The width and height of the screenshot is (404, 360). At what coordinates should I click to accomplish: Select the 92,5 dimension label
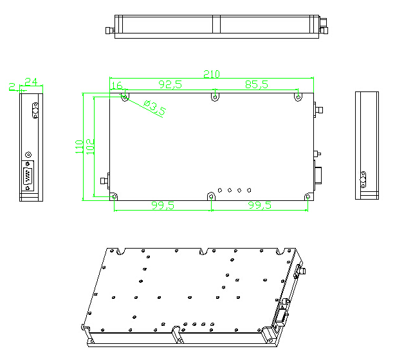[x=170, y=84]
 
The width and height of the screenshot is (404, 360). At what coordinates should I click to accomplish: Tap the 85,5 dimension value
[x=257, y=84]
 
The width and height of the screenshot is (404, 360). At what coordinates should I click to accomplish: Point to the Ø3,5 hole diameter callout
[x=154, y=108]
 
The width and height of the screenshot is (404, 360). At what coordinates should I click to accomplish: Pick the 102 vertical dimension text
[x=89, y=146]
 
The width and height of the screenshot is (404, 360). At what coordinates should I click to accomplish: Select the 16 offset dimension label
[x=116, y=86]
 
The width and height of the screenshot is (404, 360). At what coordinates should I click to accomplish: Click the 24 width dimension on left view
[x=31, y=81]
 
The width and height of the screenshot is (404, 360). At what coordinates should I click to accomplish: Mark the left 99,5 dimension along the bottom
[x=163, y=205]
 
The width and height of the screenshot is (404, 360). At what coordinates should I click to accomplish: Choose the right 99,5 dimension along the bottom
[x=259, y=205]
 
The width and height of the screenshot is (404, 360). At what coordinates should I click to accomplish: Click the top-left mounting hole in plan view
[x=125, y=97]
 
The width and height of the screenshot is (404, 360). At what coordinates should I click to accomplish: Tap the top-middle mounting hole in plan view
[x=214, y=97]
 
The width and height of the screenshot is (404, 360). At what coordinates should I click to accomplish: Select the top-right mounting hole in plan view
[x=298, y=97]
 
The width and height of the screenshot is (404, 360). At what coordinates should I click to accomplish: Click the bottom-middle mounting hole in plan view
[x=211, y=196]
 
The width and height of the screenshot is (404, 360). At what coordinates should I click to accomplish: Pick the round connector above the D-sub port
[x=28, y=155]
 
